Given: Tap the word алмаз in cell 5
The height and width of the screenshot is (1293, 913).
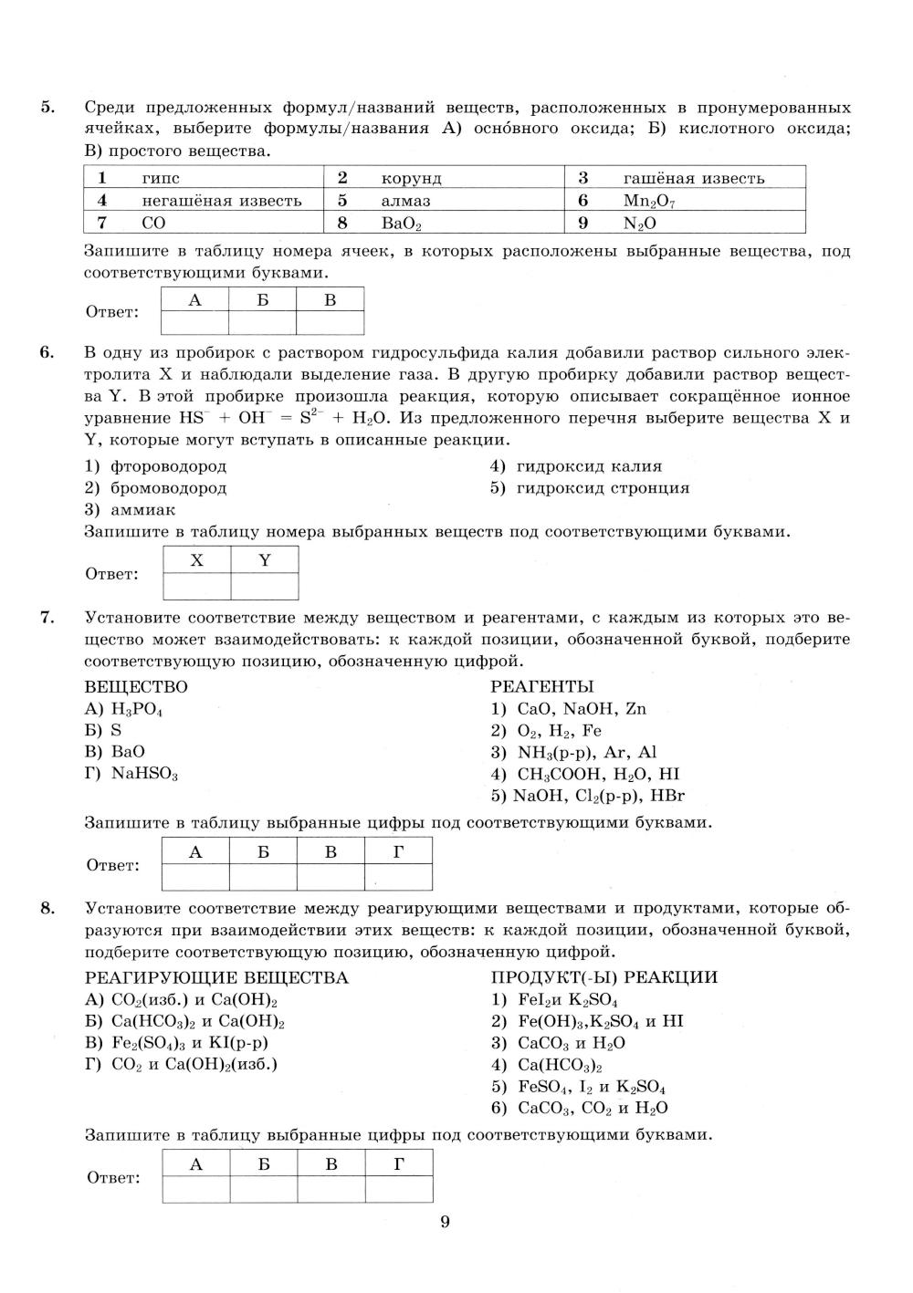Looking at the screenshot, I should tap(405, 201).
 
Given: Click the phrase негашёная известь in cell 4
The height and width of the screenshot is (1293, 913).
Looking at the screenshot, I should tap(221, 201).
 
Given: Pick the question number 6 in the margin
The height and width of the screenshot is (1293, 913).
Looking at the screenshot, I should tap(47, 352).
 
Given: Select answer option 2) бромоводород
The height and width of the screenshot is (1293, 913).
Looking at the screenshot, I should tap(156, 488).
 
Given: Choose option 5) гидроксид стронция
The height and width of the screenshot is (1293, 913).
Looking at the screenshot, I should tap(590, 488).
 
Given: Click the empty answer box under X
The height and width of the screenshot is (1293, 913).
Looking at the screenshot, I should tap(196, 586).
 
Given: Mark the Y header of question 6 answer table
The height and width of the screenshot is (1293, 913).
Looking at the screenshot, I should tap(265, 560).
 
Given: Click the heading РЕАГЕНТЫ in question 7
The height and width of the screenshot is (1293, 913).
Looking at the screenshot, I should tap(541, 686).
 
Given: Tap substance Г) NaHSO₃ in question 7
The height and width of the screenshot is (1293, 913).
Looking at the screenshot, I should tap(131, 774).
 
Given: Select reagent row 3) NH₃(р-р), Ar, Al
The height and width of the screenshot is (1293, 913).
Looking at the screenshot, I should tap(573, 753).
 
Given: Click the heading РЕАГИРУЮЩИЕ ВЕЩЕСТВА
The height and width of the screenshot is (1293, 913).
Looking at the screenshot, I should tap(216, 978).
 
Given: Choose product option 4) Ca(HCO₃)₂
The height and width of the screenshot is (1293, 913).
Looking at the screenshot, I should tap(547, 1065).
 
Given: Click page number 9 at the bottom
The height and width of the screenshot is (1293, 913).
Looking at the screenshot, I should tap(445, 1223).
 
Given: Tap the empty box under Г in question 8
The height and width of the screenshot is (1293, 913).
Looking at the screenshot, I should tap(399, 1189).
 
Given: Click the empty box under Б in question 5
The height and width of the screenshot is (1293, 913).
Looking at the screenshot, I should tap(263, 323).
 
